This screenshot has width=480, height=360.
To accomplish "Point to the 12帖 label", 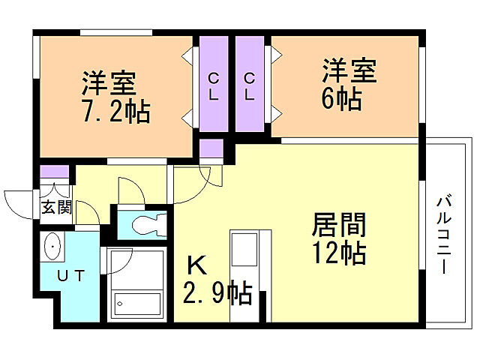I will (x=338, y=253).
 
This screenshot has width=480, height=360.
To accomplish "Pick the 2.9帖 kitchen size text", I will (x=217, y=291).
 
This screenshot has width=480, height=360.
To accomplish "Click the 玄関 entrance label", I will (x=55, y=207).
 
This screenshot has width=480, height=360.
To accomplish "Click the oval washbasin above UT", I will (x=53, y=246).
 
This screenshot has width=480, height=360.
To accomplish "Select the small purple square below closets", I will (x=211, y=148).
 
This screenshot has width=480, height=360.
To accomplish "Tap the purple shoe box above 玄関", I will (x=55, y=172).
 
